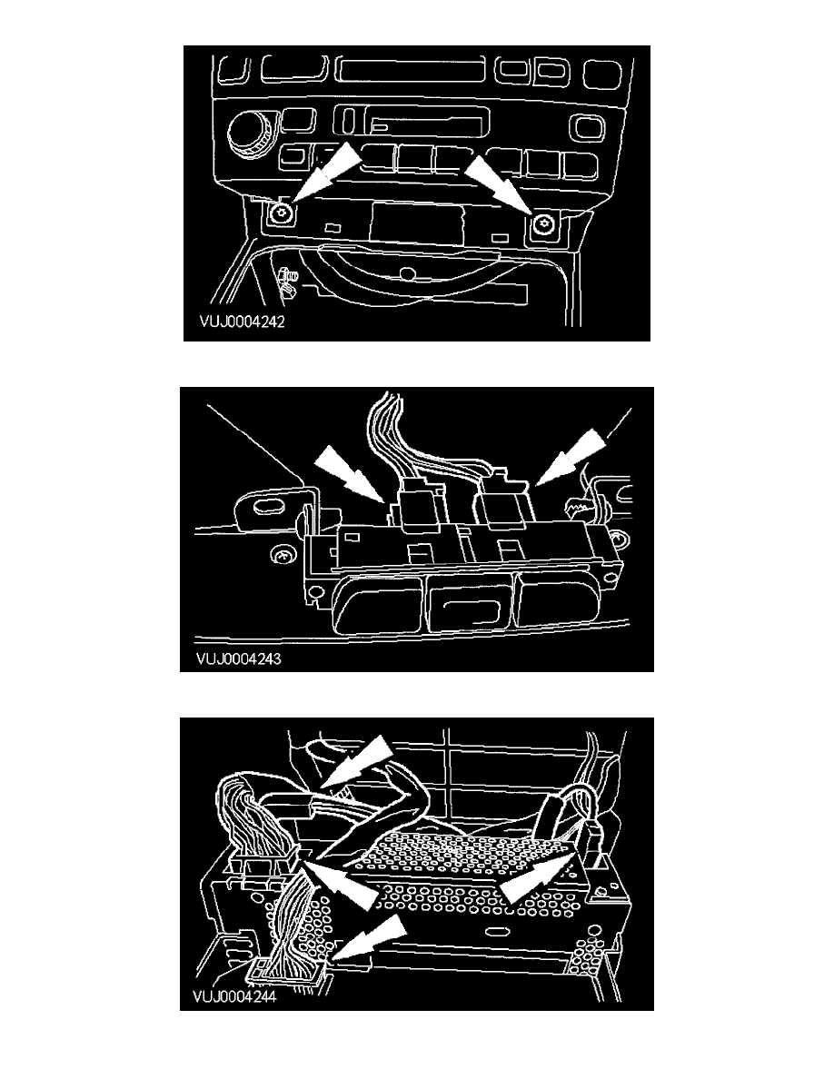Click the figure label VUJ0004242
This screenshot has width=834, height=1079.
[x=242, y=322]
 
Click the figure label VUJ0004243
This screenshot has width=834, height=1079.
[x=238, y=658]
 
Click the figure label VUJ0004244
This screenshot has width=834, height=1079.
[x=234, y=995]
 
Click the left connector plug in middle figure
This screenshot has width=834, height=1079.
[x=420, y=506]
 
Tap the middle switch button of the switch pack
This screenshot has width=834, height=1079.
[x=470, y=605]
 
